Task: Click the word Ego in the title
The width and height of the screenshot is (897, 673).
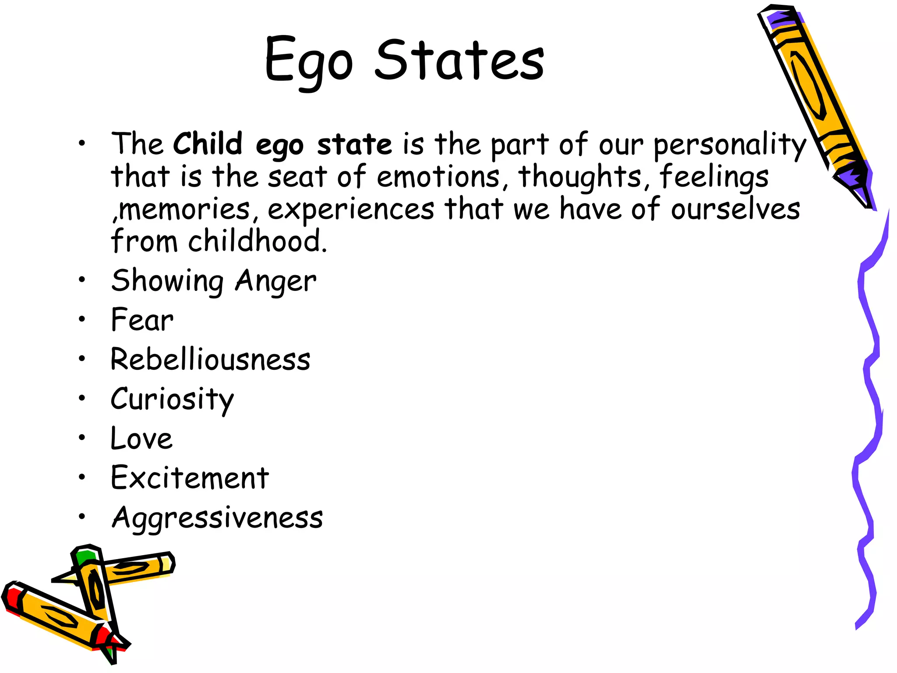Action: [x=308, y=61]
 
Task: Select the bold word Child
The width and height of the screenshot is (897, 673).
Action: [x=208, y=144]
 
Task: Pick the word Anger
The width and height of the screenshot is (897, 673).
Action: [x=275, y=281]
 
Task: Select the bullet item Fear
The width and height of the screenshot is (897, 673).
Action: [x=142, y=320]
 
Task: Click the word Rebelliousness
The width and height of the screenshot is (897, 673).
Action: [x=210, y=359]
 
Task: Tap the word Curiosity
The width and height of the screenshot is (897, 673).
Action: [x=172, y=400]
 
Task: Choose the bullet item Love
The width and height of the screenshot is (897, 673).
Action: [x=141, y=438]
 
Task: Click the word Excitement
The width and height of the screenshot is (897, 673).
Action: [x=190, y=478]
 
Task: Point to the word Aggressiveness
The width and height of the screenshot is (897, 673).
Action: [x=217, y=518]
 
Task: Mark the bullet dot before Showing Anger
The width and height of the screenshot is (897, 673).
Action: [x=82, y=280]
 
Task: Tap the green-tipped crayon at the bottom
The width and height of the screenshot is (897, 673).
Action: [x=94, y=587]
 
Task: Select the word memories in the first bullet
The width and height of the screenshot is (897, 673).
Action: [x=184, y=209]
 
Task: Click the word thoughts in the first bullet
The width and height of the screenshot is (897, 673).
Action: [x=580, y=177]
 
